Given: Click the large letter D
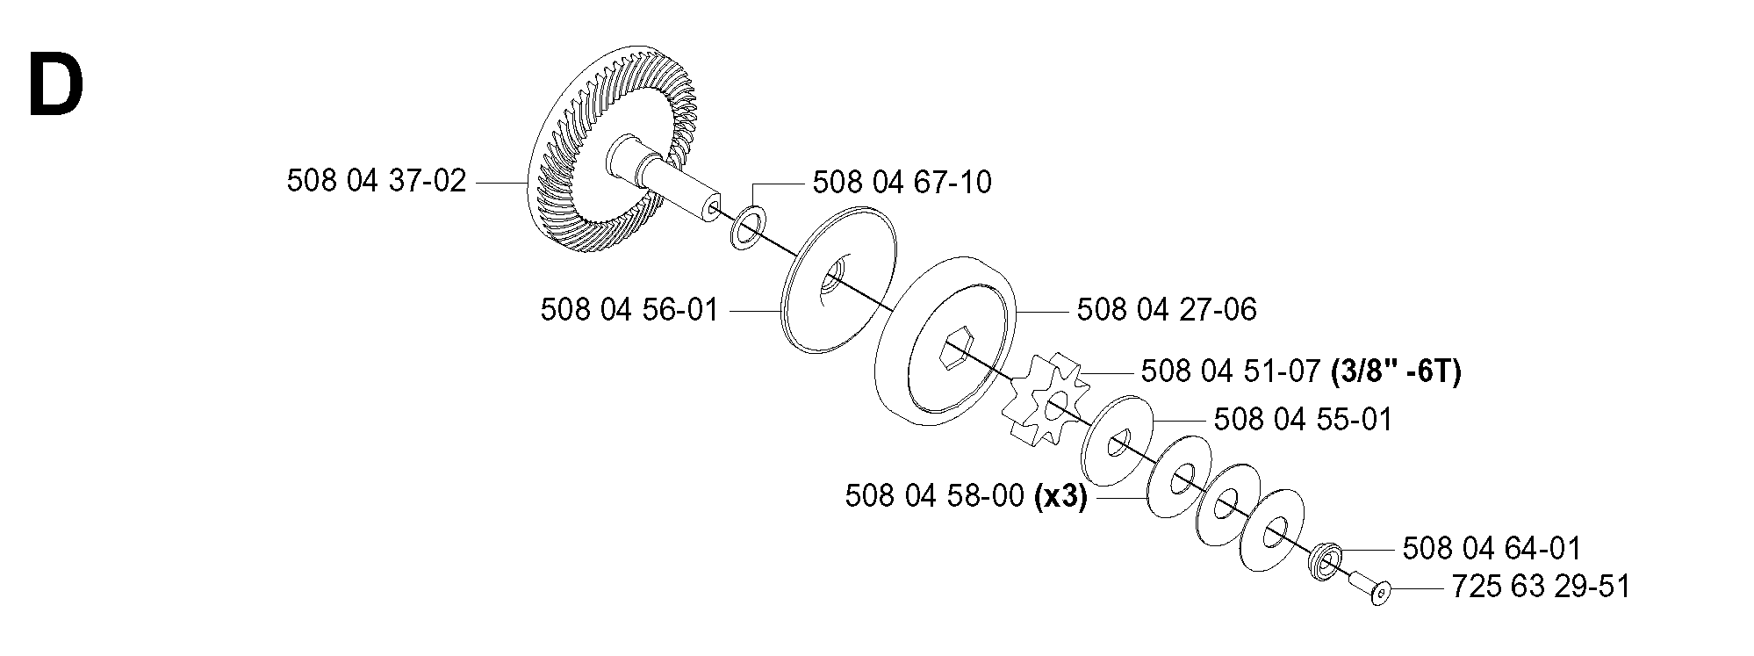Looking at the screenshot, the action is [56, 85].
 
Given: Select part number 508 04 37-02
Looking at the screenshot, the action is [377, 182].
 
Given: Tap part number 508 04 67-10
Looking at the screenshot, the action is [902, 183].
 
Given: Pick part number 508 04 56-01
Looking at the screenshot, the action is [629, 310].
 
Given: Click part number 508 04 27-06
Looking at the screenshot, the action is [1167, 309].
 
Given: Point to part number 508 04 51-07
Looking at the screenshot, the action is [1231, 371].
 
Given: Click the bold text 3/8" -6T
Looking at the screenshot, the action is [1396, 371].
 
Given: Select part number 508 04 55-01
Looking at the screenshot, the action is [1304, 420].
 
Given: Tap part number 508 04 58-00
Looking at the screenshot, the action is [935, 497].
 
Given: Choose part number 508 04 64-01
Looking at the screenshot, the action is [1492, 549].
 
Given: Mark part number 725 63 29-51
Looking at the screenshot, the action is [1541, 587].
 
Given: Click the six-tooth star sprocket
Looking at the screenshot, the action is [1045, 398].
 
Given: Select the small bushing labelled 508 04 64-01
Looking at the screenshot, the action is [1325, 560].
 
